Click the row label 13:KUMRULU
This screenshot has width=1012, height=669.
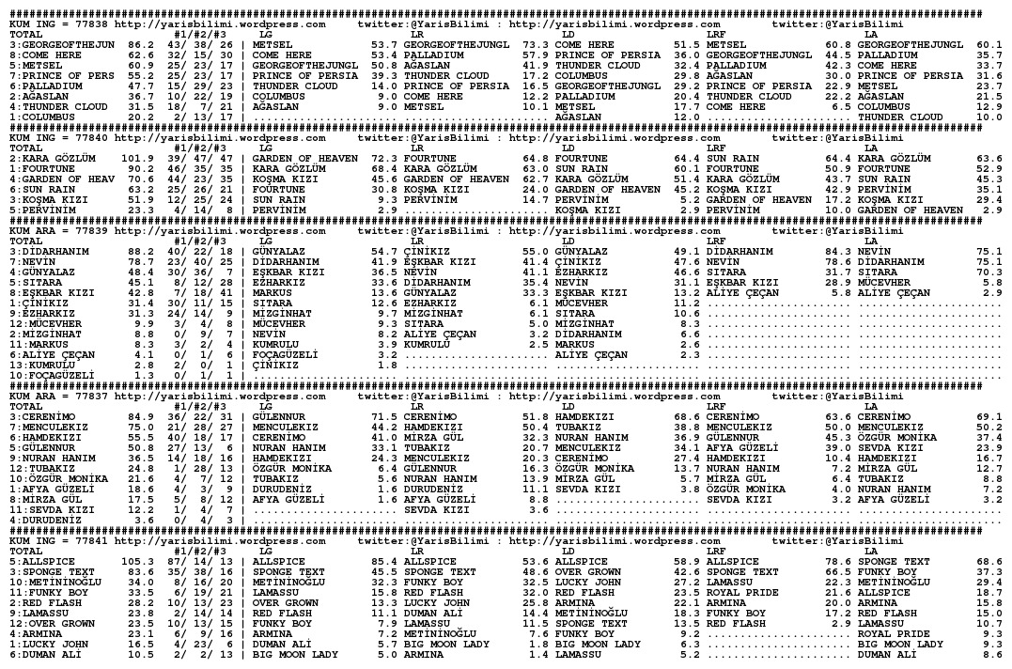42,366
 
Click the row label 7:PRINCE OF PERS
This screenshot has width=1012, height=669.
59,75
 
